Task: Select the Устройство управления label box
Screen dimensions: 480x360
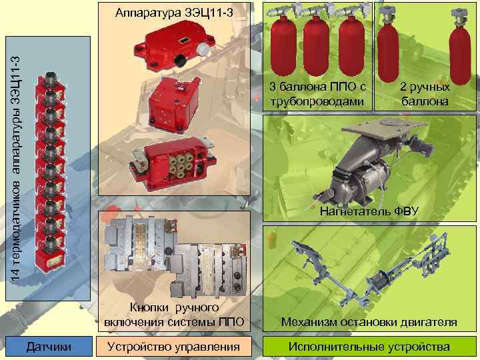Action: [x=173, y=346]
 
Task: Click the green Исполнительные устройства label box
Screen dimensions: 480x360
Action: [x=369, y=346]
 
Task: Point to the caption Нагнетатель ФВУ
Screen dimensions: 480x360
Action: [x=369, y=212]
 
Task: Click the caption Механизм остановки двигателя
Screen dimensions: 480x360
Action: [x=369, y=322]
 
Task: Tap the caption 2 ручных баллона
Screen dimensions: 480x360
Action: [x=425, y=94]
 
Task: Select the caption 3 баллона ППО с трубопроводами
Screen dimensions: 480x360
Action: [x=318, y=94]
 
